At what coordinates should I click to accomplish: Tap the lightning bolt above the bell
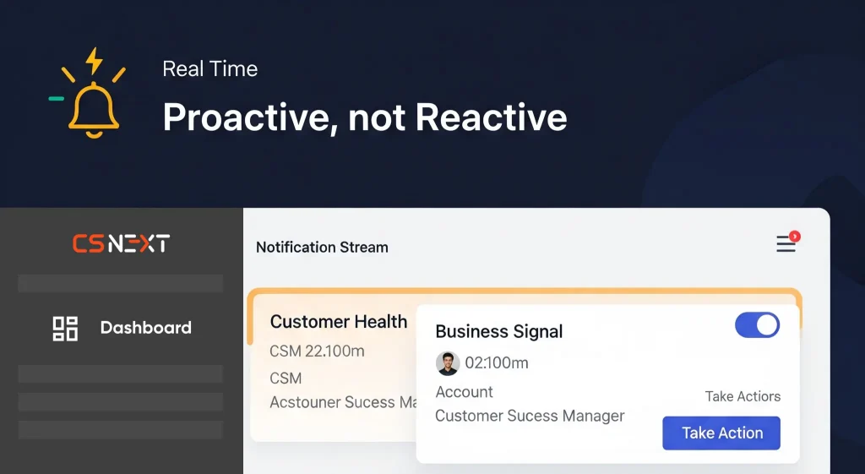[95, 61]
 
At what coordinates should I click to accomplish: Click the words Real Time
[209, 69]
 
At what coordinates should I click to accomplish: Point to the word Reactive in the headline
[491, 117]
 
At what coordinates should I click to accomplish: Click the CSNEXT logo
[122, 243]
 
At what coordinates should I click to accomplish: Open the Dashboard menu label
[145, 328]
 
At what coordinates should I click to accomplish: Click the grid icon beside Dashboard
[65, 329]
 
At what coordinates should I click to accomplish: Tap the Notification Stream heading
[322, 248]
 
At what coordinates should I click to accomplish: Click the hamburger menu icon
[786, 244]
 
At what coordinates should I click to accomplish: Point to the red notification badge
[794, 237]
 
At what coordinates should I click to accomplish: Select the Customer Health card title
[339, 322]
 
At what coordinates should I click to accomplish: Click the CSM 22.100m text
[317, 351]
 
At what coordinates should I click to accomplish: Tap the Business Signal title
[499, 332]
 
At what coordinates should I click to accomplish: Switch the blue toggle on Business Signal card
[757, 325]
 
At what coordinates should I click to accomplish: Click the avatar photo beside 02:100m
[448, 363]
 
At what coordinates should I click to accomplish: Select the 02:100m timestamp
[497, 363]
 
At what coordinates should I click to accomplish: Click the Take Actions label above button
[743, 396]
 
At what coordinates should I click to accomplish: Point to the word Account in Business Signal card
[464, 392]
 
